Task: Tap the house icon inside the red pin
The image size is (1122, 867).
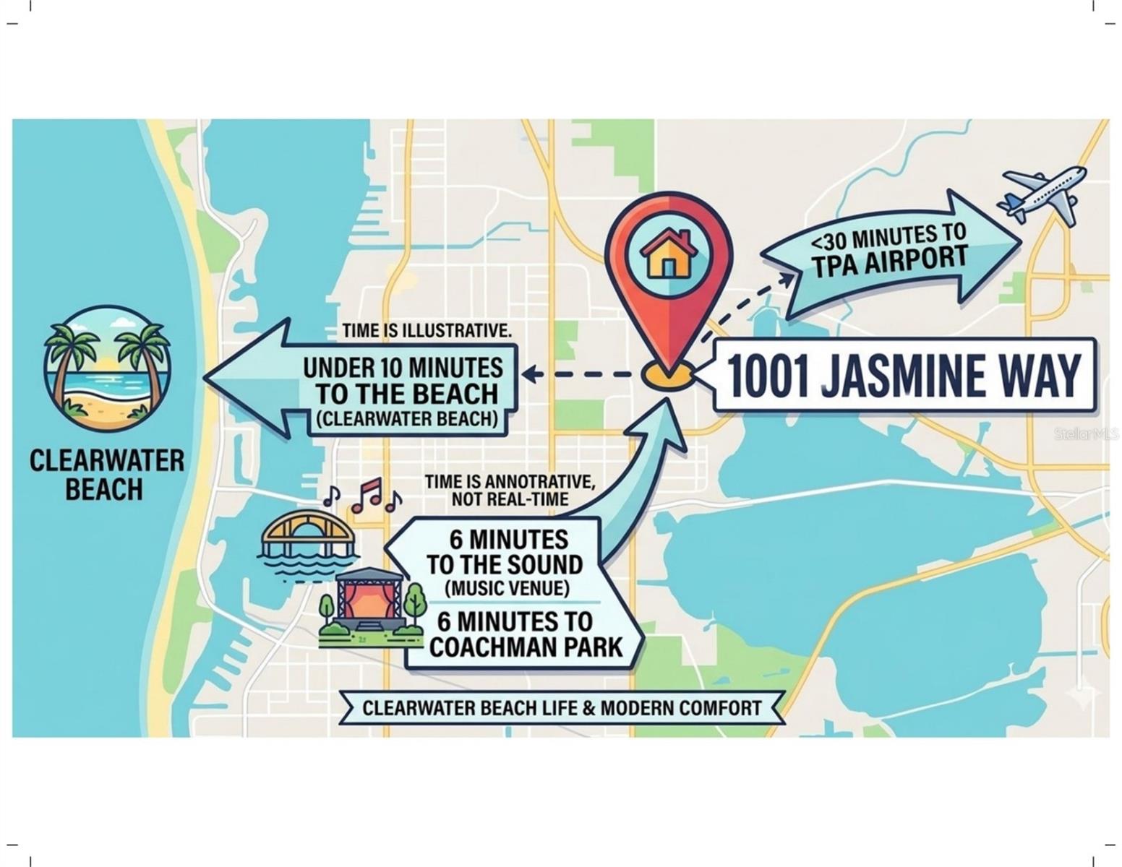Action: coord(669,254)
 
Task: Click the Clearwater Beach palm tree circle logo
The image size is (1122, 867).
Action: coord(107,368)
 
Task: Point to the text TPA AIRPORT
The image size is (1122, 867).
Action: coord(890,262)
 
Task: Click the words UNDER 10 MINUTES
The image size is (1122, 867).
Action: coord(403,368)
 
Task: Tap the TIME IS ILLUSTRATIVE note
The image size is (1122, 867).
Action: coord(427,331)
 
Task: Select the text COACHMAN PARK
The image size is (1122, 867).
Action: coord(526,647)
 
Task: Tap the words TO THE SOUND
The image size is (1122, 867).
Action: coord(504,564)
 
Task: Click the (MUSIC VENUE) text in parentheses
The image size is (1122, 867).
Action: coord(507,588)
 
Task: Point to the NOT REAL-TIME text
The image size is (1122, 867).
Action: coord(510,499)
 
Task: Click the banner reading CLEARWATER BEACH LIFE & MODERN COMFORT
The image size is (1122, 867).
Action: coord(562,707)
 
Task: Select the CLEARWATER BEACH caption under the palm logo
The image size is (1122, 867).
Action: coord(106,475)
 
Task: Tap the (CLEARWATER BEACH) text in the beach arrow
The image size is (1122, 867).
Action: coord(406,420)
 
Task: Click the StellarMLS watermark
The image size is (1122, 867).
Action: coord(1085,434)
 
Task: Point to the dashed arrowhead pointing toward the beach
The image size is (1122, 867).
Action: coord(530,374)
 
